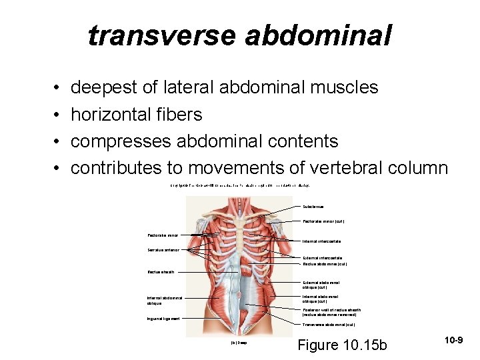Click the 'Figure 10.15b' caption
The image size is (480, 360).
(342, 345)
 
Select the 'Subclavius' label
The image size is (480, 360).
(314, 207)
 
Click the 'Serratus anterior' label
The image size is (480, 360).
(164, 250)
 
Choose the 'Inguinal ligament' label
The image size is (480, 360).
(163, 319)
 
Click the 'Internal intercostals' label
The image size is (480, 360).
(321, 241)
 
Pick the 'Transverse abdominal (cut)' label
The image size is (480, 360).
(329, 325)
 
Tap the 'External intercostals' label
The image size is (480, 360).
(322, 257)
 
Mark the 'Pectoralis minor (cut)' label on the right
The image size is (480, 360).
(323, 221)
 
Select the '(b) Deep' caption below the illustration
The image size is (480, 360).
(238, 343)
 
